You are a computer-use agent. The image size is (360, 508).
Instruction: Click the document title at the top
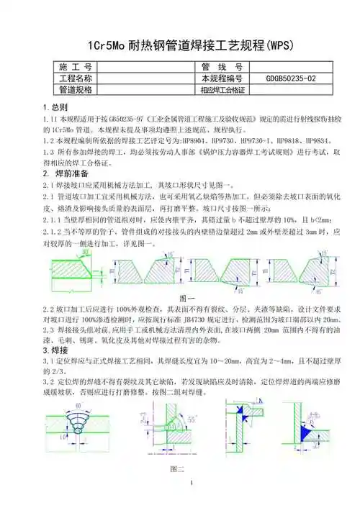(181, 45)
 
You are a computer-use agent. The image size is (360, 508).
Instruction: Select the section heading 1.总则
(55, 106)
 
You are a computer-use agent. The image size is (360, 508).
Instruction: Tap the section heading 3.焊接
(55, 350)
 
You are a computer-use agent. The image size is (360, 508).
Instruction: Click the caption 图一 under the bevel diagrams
(186, 297)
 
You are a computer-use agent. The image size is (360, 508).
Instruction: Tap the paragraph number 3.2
(50, 377)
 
